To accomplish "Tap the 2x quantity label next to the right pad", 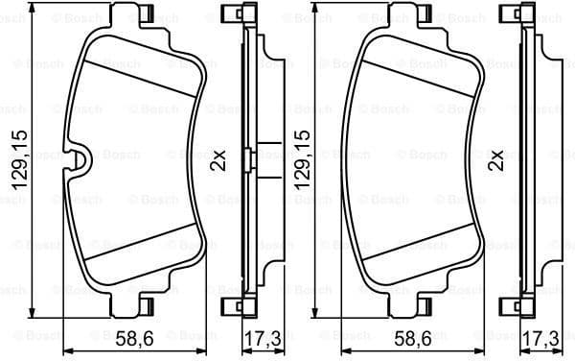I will point(495,158).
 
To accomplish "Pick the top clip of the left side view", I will point(232,14).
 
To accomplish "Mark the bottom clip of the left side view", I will point(232,307).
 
